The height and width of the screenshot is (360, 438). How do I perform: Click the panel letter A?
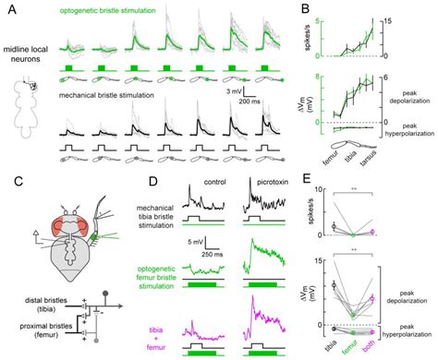(x=7, y=7)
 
